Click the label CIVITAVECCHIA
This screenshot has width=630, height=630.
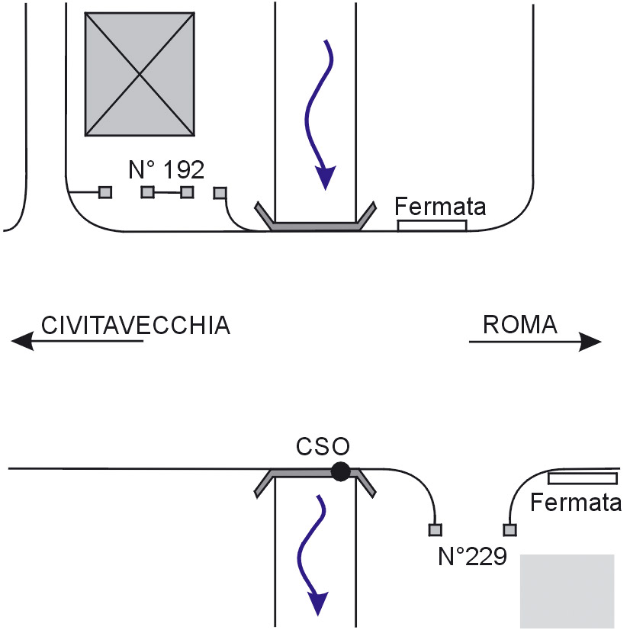[x=135, y=325]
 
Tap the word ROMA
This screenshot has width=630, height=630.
[x=520, y=325]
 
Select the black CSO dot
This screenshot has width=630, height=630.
[x=340, y=472]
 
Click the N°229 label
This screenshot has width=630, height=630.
[x=473, y=556]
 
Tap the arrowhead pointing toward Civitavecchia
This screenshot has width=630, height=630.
[x=23, y=342]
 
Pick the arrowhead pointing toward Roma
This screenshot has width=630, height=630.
[x=591, y=342]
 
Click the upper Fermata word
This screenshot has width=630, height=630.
[x=441, y=206]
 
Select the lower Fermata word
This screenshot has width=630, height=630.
[x=575, y=503]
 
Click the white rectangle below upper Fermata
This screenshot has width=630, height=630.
[x=432, y=225]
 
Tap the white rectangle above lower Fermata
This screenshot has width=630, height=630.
[x=582, y=478]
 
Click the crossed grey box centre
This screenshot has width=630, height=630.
[x=139, y=74]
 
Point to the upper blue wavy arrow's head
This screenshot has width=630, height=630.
[x=326, y=177]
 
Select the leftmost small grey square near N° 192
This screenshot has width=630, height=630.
[x=105, y=192]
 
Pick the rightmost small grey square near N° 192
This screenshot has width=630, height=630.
[x=220, y=193]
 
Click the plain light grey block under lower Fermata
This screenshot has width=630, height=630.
[x=567, y=591]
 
